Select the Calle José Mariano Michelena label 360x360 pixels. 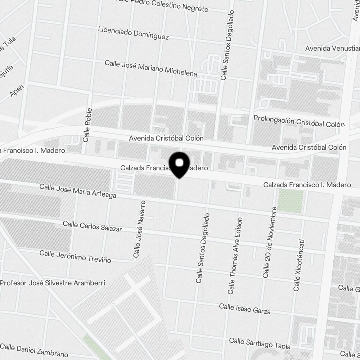(151, 68)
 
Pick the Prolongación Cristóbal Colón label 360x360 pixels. (299, 121)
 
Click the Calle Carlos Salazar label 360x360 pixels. (92, 226)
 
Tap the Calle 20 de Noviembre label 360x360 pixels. (270, 242)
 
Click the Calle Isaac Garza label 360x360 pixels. (245, 309)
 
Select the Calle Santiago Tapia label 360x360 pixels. (260, 343)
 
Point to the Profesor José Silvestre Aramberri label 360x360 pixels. (53, 283)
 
